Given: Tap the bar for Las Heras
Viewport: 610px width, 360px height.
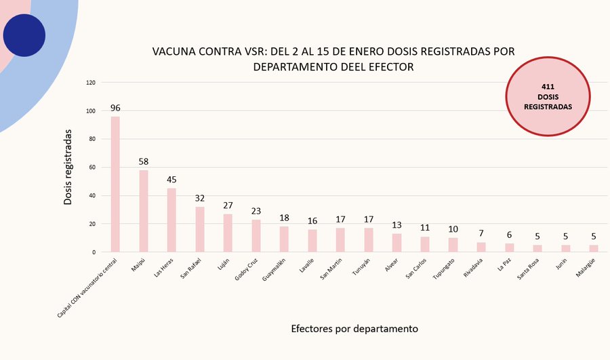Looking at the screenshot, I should [x=171, y=220].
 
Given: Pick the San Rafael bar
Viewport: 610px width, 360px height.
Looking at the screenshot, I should [x=200, y=229].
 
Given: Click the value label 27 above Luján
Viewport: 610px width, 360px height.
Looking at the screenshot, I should [x=228, y=205].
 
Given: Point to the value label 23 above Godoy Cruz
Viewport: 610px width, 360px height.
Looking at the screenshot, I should [x=256, y=211].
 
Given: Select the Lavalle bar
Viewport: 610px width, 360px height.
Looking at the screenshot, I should [x=312, y=241].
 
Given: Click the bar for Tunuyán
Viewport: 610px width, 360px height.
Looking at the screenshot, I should [x=369, y=240].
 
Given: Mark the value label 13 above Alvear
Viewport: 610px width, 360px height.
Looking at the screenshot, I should [x=396, y=225].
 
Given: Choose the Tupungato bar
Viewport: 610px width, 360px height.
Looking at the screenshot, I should [x=453, y=245].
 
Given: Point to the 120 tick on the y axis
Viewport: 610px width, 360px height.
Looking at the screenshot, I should [x=91, y=83].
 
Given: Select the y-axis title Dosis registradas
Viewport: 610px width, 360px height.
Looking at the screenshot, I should [x=68, y=168].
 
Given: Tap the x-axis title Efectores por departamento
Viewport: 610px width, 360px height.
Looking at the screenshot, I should [x=354, y=329].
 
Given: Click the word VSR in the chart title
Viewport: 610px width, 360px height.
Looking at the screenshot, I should [x=253, y=52].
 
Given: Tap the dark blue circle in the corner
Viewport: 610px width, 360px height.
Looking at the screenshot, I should [x=24, y=35].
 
